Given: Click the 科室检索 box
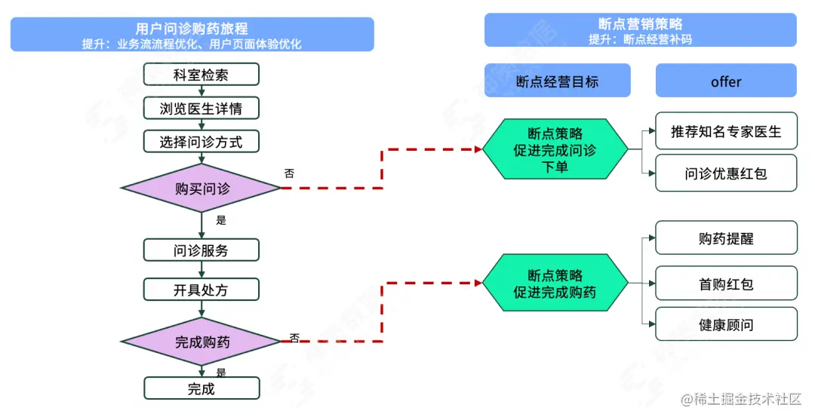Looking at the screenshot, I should [x=201, y=75].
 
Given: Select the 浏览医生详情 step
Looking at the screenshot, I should [x=201, y=108].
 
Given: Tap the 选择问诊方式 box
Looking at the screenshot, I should [x=201, y=141].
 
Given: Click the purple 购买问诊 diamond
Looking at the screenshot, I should [x=201, y=189].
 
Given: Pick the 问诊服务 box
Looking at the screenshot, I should [x=201, y=250].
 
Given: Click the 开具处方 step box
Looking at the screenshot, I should [x=201, y=290].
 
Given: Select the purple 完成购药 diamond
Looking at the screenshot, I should [x=201, y=342].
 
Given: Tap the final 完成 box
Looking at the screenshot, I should [x=201, y=388].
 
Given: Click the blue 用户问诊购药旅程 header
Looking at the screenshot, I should [x=192, y=35].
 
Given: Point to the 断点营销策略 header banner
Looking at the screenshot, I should [x=640, y=30].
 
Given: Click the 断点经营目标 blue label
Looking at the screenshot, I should [x=557, y=81].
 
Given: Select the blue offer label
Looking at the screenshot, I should [x=725, y=81].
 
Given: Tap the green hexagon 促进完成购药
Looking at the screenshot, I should [x=555, y=284].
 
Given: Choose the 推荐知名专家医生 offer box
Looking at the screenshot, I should [x=725, y=132].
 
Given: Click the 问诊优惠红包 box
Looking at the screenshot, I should [x=725, y=173].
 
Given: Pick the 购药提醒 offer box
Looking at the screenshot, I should [x=725, y=238].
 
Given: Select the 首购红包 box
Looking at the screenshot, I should [x=725, y=284].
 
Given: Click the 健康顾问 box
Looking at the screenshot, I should [x=725, y=324].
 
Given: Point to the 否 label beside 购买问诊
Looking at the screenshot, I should [x=289, y=173].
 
